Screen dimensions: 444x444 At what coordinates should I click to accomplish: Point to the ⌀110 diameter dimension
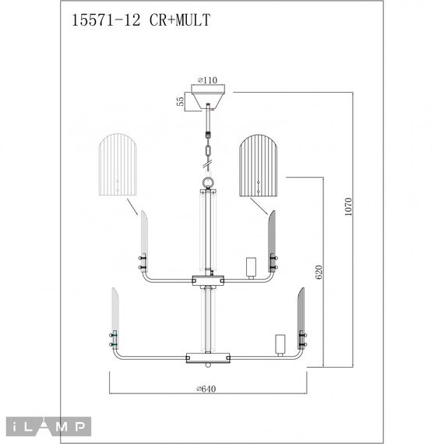pos(207,79)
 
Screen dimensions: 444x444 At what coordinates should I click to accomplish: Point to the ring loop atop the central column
pos(207,184)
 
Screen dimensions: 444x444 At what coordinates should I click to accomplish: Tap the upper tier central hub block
pos(207,277)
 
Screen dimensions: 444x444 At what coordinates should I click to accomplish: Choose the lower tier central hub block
pos(207,358)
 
